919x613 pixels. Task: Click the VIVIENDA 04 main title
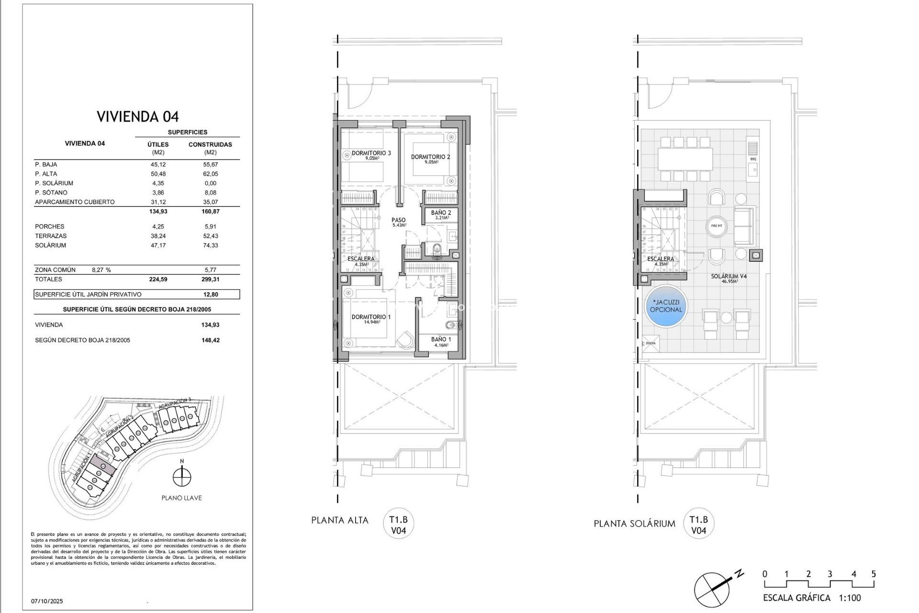click(137, 116)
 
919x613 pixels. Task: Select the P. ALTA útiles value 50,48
click(158, 174)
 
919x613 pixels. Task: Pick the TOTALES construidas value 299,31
click(210, 279)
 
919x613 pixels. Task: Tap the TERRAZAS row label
click(51, 236)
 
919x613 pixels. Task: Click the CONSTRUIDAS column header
click(210, 144)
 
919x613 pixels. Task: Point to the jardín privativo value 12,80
click(210, 295)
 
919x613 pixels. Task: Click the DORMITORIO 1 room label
click(371, 317)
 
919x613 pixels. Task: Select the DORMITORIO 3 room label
click(371, 153)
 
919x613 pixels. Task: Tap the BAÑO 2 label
click(441, 213)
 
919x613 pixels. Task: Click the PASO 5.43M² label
click(398, 222)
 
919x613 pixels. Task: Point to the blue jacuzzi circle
click(666, 306)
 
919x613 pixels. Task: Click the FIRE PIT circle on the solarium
click(717, 226)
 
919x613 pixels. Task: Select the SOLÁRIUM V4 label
click(728, 276)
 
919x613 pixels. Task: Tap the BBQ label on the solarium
click(753, 159)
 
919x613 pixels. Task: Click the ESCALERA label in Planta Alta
click(361, 259)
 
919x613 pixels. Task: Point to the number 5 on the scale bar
click(874, 574)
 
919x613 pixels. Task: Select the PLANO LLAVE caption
click(181, 498)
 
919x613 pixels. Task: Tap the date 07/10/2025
click(47, 601)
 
